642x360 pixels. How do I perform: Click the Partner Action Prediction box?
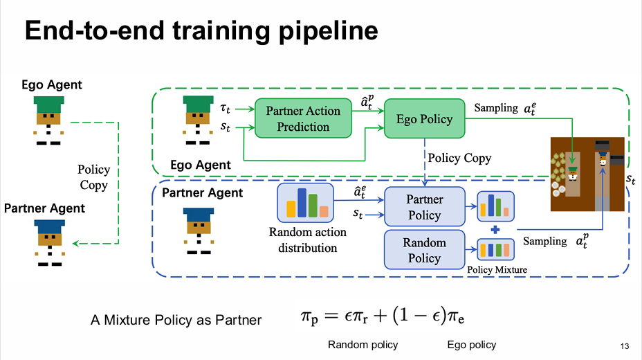click(x=303, y=118)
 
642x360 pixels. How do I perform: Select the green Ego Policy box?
click(x=424, y=118)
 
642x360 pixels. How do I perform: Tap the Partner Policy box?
click(x=424, y=207)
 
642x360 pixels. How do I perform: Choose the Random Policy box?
click(x=424, y=250)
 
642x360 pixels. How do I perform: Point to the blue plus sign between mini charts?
click(x=495, y=229)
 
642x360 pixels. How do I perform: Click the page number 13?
click(x=625, y=345)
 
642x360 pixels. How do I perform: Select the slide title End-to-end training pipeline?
click(x=201, y=30)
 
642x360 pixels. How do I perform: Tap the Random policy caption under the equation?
click(x=363, y=345)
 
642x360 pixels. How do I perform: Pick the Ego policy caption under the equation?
click(x=473, y=345)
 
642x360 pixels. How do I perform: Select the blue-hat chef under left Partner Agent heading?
click(x=48, y=242)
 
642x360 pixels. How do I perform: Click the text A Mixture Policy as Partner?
click(x=176, y=320)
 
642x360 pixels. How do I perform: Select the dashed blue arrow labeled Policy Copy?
click(x=424, y=159)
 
